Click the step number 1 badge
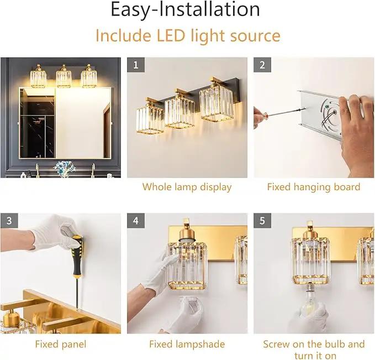coord(136,65)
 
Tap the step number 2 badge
coord(262,65)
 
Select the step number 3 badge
coord(9,221)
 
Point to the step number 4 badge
coord(136,221)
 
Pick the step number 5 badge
coord(262,221)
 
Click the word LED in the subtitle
coord(171,35)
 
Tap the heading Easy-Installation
coord(186,10)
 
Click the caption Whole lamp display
coord(187,187)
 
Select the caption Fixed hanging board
coord(314,187)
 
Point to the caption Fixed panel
coord(61,345)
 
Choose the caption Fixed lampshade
coord(187,345)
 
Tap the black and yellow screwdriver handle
coord(77,256)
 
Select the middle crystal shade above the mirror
coord(64,77)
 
